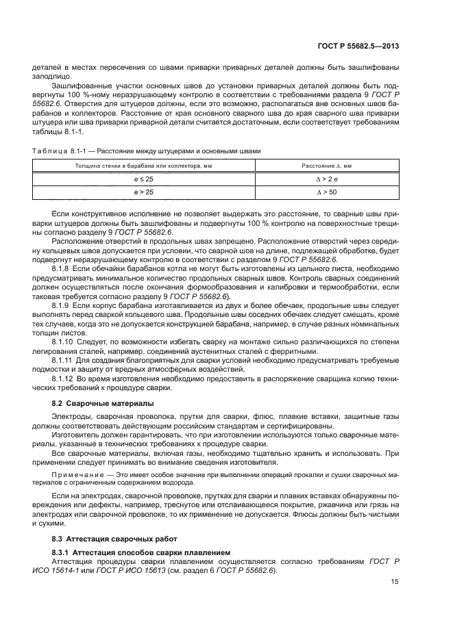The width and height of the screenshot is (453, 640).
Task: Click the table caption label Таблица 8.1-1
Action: click(x=51, y=151)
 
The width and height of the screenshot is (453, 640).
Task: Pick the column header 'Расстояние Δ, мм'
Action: click(x=326, y=166)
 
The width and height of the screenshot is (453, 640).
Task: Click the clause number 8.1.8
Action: click(x=62, y=269)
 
